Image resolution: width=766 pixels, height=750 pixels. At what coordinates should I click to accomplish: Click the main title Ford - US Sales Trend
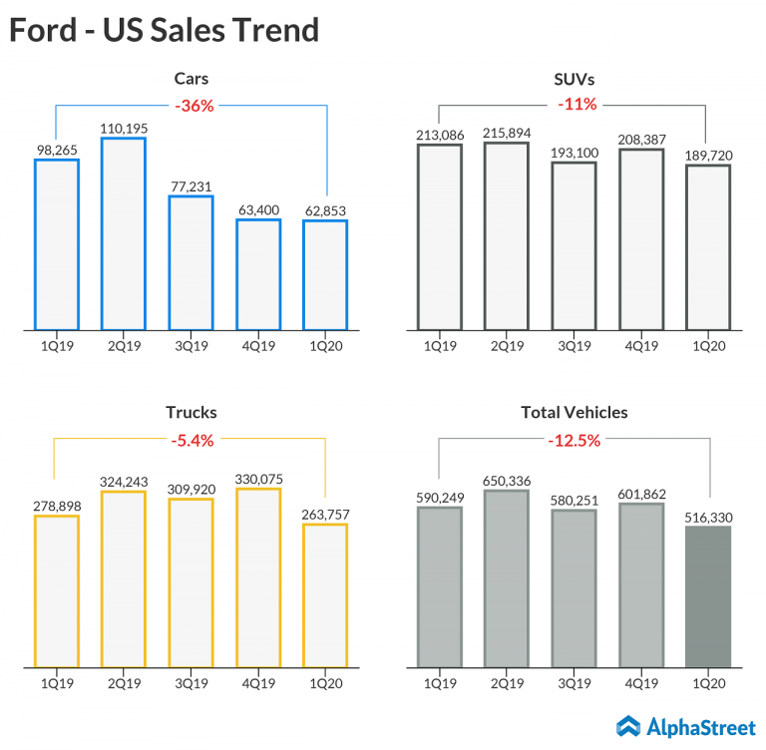click(x=165, y=30)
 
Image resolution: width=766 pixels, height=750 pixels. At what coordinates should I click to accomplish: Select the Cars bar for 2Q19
click(x=124, y=233)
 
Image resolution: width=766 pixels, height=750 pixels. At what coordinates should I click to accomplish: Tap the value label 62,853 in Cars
click(x=325, y=209)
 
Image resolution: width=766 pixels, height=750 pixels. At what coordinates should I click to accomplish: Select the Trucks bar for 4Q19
click(x=258, y=577)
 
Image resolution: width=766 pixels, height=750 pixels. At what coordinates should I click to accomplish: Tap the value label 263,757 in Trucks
click(x=325, y=514)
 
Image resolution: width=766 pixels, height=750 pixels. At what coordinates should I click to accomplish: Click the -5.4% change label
click(x=191, y=440)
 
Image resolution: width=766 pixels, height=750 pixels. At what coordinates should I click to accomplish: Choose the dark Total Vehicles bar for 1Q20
click(x=708, y=596)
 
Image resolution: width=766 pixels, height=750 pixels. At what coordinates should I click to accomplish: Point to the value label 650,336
click(x=506, y=481)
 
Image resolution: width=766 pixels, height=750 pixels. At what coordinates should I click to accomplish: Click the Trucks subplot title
click(x=191, y=412)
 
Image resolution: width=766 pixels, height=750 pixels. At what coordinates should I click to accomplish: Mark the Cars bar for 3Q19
click(x=191, y=262)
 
